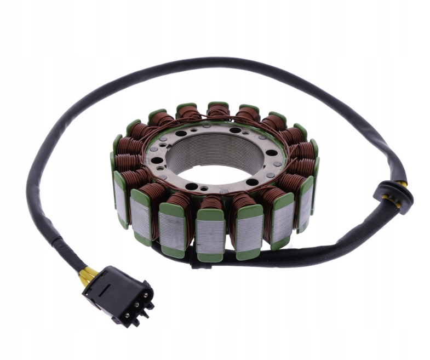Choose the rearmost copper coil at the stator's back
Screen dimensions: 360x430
217,112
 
